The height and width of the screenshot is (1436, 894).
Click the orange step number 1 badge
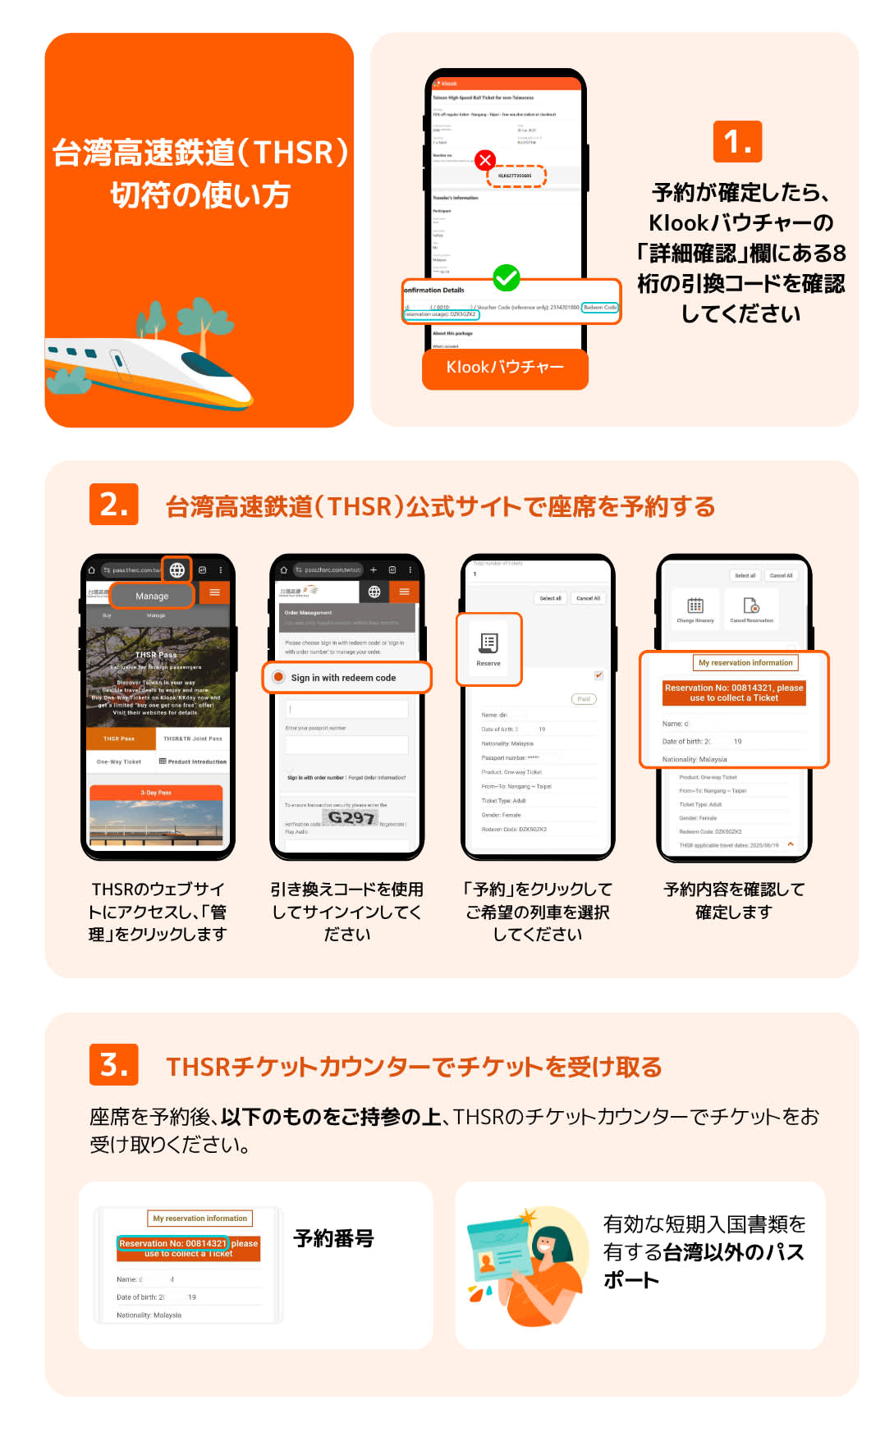coord(737,142)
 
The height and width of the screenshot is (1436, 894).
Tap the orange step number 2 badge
coord(113,504)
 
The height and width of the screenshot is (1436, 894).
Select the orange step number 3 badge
coord(113,1064)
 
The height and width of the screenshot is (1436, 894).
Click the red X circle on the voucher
coord(485,159)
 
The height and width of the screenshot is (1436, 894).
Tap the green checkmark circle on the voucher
coord(507,278)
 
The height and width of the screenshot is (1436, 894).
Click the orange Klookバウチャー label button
coord(505,368)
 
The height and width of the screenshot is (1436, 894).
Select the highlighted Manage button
coord(152,596)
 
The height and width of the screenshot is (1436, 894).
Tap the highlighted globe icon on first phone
coord(177,569)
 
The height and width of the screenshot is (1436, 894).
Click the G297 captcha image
coord(351,818)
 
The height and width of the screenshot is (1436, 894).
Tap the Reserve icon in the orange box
coord(488,648)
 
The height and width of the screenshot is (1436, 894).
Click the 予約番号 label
coord(333,1238)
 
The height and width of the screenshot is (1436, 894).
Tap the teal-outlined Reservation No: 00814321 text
coord(172,1243)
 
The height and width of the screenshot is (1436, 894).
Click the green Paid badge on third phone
coord(583,699)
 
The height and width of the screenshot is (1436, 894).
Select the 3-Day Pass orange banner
coord(156,793)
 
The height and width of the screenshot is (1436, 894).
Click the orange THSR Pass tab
coord(120,739)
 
